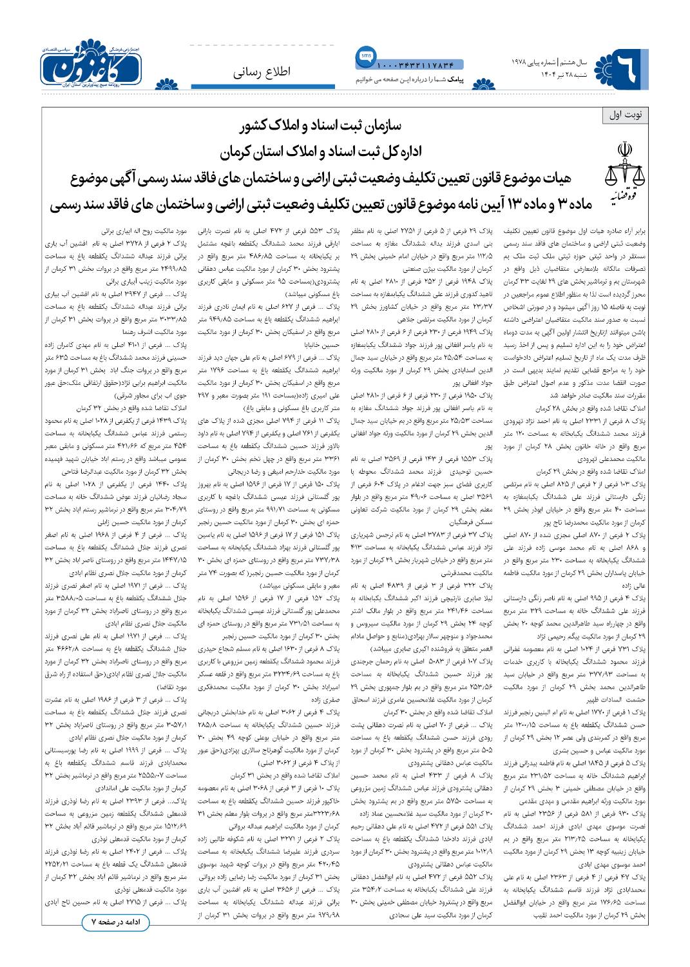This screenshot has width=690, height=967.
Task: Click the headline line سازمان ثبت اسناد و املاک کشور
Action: point(319,127)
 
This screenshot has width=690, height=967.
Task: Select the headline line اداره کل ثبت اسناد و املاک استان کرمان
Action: point(319,153)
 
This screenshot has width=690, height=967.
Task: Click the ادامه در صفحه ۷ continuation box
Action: point(115,923)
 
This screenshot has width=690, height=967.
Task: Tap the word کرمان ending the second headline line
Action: point(237,153)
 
